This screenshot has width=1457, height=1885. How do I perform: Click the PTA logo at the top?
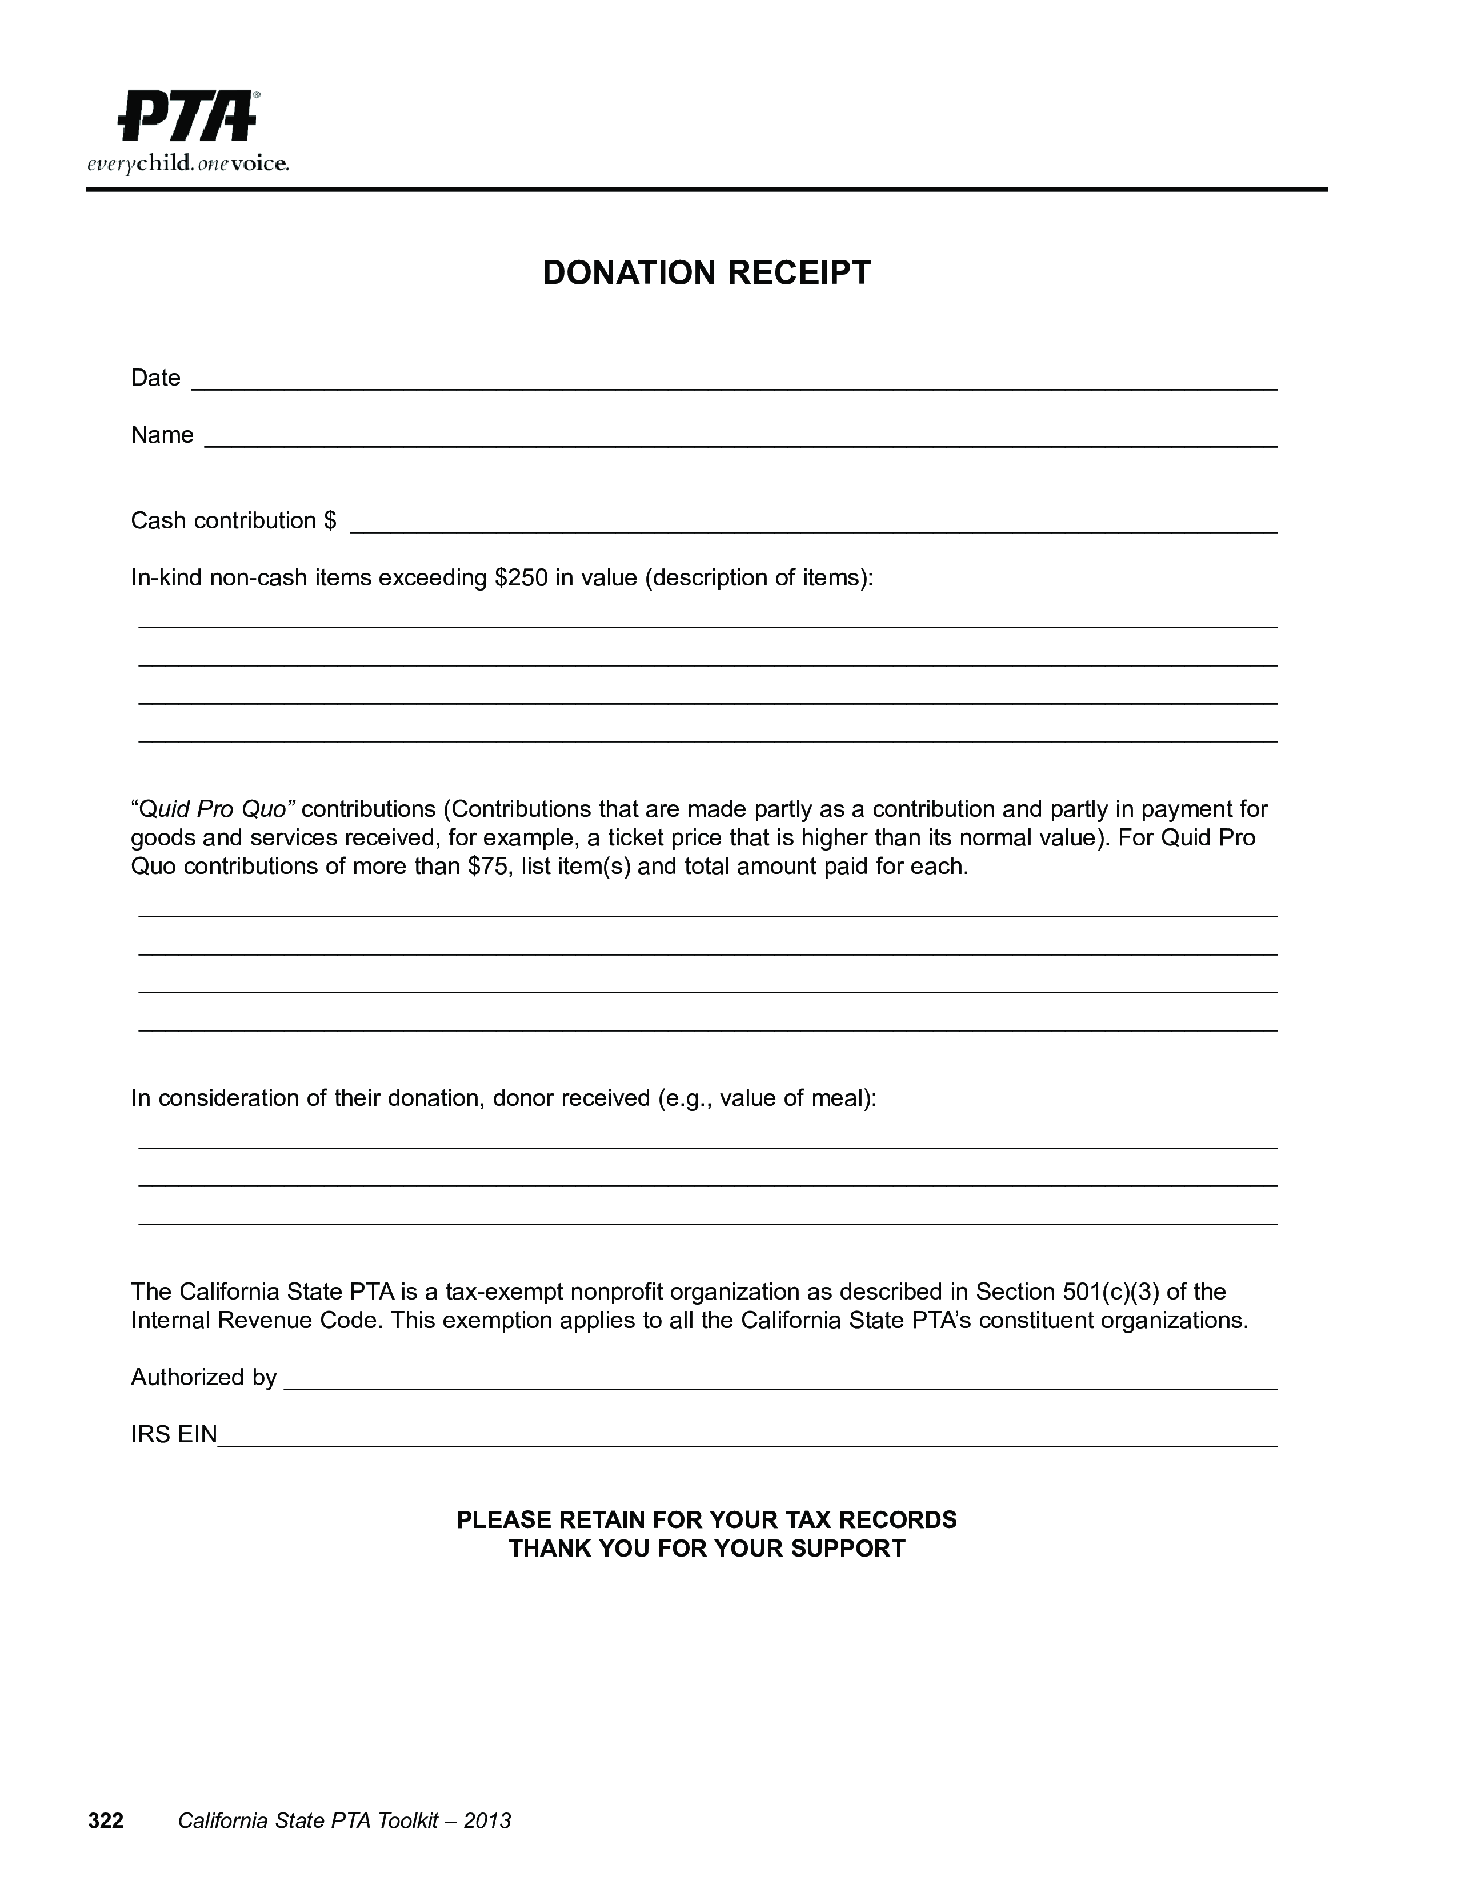click(x=188, y=115)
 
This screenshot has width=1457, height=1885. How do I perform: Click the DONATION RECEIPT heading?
click(x=706, y=272)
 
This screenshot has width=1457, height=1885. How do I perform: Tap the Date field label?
click(x=155, y=378)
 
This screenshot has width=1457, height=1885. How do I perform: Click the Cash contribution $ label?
click(x=233, y=520)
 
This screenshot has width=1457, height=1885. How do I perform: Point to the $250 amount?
click(x=521, y=577)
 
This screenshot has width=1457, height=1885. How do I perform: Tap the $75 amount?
click(x=486, y=866)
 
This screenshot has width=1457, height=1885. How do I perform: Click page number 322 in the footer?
click(x=106, y=1821)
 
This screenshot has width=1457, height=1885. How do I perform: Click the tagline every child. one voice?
click(x=188, y=164)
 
